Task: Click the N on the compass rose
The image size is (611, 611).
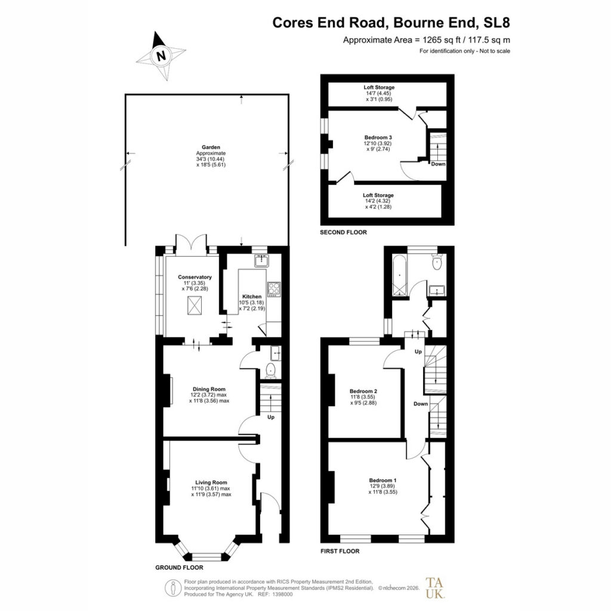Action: pos(161,55)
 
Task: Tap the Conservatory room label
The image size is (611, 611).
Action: pos(195,277)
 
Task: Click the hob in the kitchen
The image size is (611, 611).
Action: pos(274,289)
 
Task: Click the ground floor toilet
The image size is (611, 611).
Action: pos(270,371)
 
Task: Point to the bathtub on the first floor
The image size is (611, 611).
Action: pos(399,276)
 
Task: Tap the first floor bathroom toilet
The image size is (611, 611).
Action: pos(437,262)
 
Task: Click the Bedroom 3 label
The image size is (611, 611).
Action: pos(378,138)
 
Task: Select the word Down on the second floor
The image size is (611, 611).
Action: pos(438,164)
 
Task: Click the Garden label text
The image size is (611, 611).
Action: pos(211,147)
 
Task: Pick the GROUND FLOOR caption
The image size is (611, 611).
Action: pos(179,567)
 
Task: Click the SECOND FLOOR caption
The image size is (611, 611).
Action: pos(343,232)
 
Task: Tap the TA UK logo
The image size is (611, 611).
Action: pos(435,588)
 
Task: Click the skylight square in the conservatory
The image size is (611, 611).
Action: pos(195,305)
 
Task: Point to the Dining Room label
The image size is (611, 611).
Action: pos(209,389)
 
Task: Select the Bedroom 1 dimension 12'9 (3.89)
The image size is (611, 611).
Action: pos(382,486)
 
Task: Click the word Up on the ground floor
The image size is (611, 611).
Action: pos(271,417)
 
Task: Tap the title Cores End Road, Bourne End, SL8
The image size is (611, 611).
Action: pos(391,23)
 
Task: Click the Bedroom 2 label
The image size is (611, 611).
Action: pos(363,391)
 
